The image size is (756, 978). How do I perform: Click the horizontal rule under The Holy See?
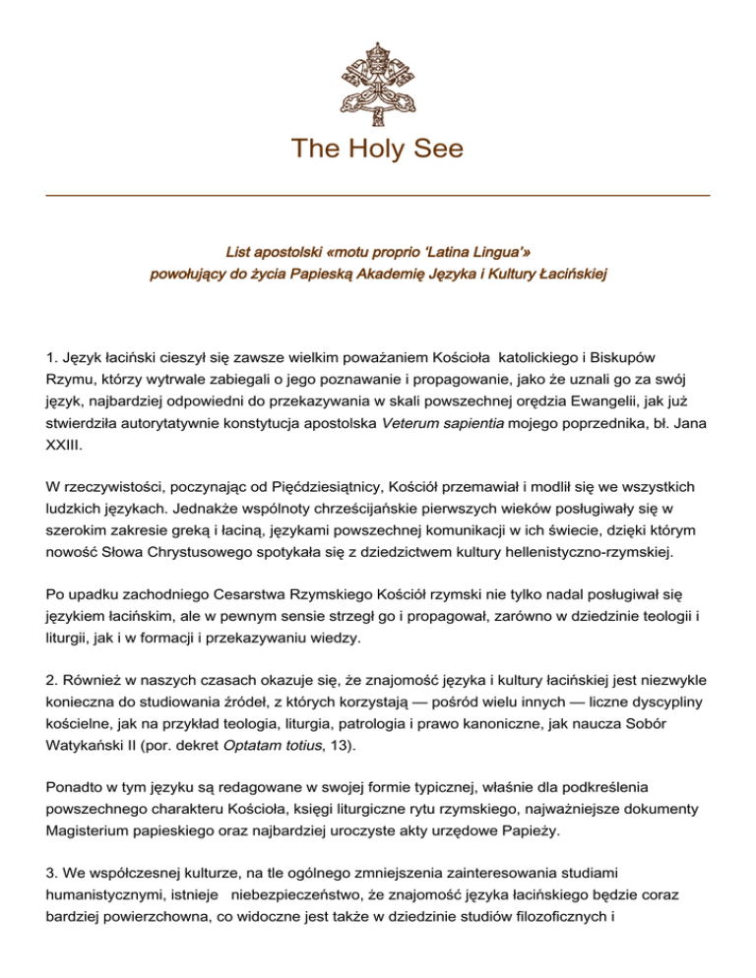click(378, 196)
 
